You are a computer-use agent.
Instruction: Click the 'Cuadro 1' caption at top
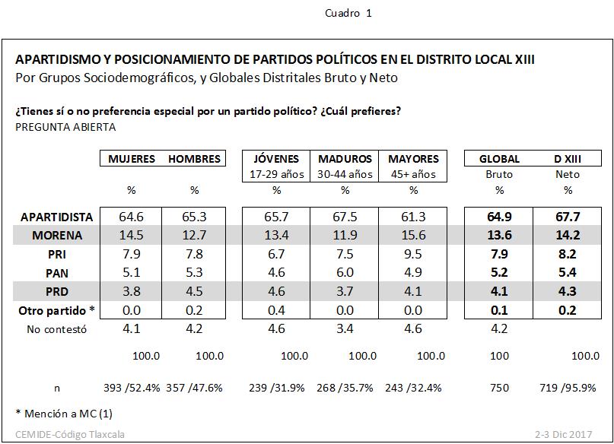pos(348,13)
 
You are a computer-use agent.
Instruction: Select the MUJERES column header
pos(132,159)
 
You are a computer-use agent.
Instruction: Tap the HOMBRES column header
pos(194,159)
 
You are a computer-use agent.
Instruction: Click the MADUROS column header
pos(345,159)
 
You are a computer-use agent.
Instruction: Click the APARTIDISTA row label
pos(57,217)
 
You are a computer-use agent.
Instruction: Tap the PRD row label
pos(78,291)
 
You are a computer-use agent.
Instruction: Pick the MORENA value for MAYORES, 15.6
pos(413,236)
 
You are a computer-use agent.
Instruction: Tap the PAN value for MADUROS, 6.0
pos(345,273)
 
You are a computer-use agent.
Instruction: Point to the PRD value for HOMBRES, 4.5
pos(194,291)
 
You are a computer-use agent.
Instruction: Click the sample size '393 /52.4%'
pos(132,387)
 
